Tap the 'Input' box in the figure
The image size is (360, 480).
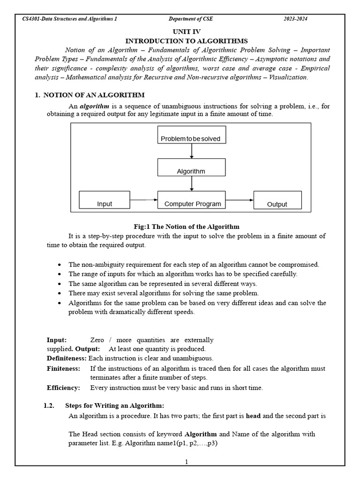(105, 200)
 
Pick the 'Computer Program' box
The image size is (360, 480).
(191, 200)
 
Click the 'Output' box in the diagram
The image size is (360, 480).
(277, 200)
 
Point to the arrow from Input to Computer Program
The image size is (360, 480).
(144, 200)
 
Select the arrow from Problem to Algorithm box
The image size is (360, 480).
(192, 151)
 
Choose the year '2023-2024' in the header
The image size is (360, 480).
(295, 19)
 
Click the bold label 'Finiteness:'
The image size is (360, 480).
(63, 369)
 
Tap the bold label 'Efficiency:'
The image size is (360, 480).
(63, 388)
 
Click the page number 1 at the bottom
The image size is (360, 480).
(186, 462)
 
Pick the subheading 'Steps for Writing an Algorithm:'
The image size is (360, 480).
(114, 405)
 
